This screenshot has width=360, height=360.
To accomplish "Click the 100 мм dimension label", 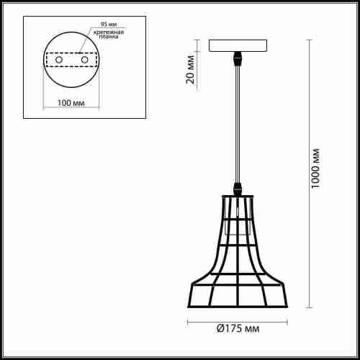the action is pyautogui.click(x=71, y=103).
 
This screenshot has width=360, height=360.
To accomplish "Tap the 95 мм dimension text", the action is pyautogui.click(x=109, y=24).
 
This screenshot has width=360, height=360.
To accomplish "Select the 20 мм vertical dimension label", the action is pyautogui.click(x=190, y=70).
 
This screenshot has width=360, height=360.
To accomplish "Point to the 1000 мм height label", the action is pyautogui.click(x=315, y=168).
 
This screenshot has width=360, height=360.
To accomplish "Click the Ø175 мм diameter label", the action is pyautogui.click(x=238, y=328).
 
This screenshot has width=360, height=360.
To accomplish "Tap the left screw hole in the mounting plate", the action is pyautogui.click(x=59, y=60).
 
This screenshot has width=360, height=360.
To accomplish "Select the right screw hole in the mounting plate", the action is pyautogui.click(x=85, y=60).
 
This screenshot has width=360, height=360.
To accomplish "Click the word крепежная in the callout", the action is pyautogui.click(x=109, y=32).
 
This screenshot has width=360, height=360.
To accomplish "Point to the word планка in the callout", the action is pyautogui.click(x=109, y=37).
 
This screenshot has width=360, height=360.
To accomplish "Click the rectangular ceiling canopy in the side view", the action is pyautogui.click(x=238, y=46).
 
